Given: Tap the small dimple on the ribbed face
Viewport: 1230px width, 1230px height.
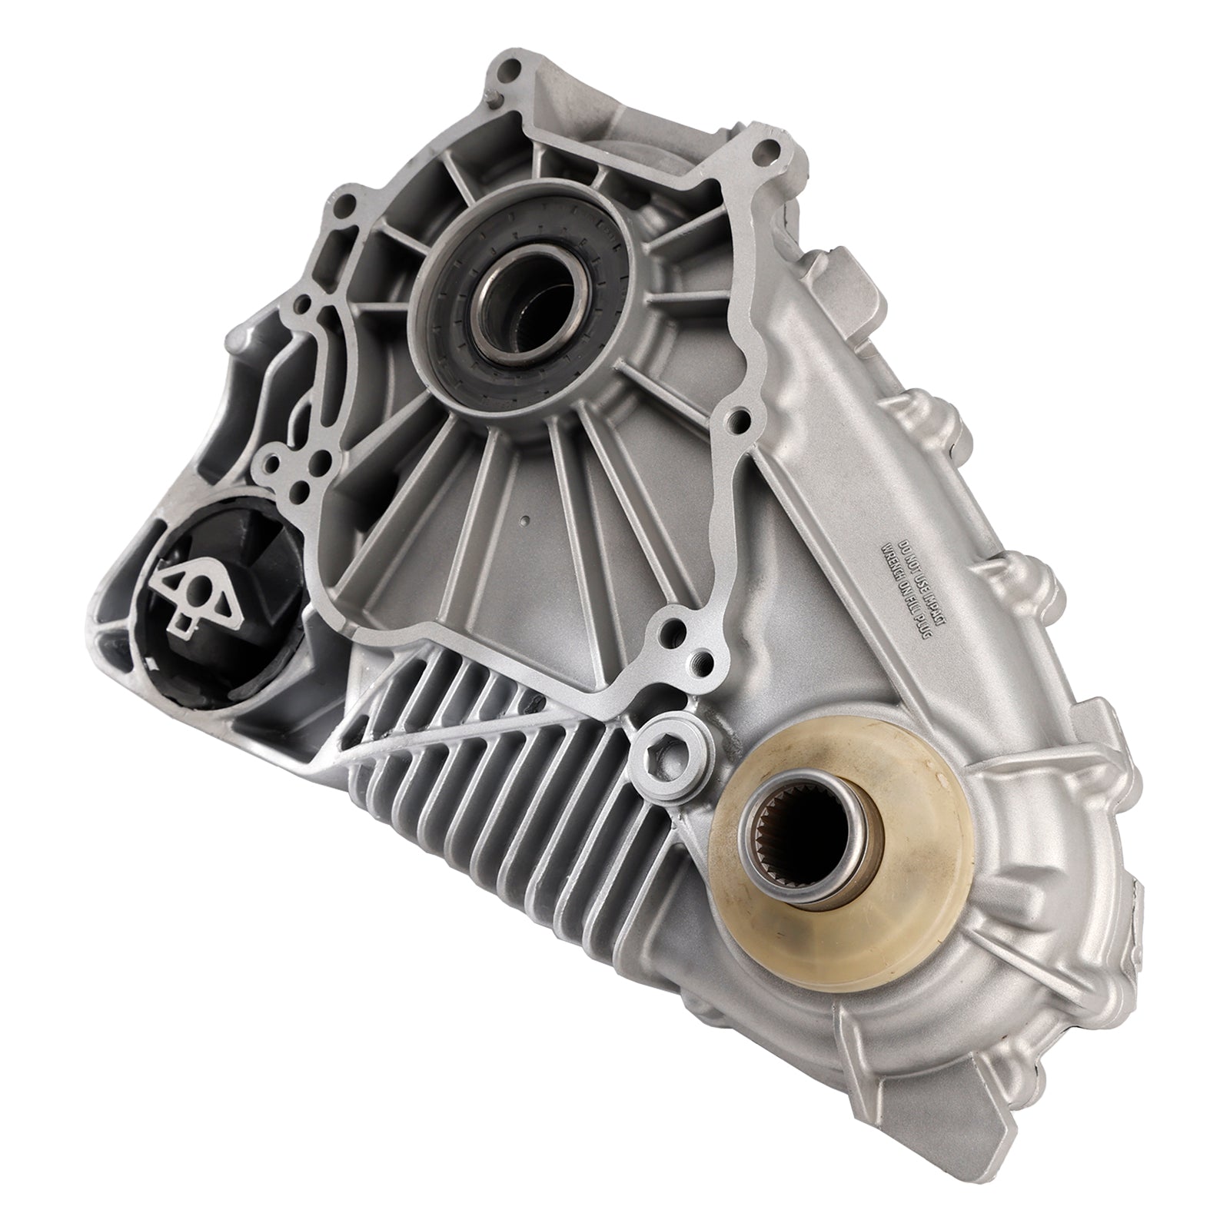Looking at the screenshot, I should click(524, 520).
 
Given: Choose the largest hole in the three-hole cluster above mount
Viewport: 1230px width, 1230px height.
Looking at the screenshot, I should click(274, 464).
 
